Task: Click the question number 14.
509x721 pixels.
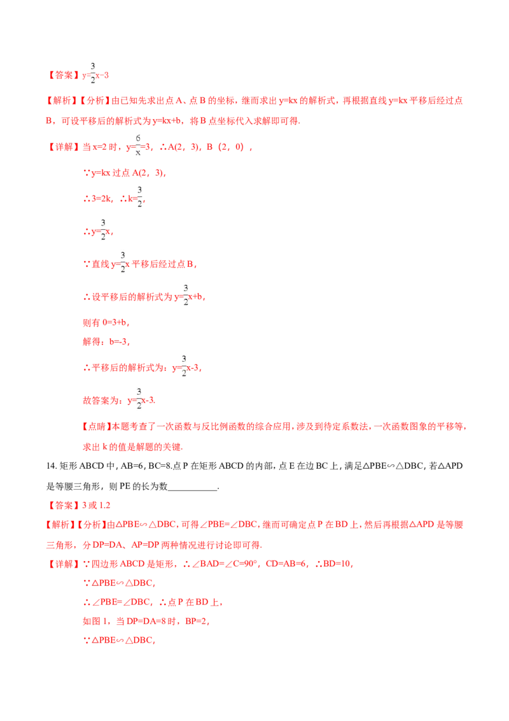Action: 51,466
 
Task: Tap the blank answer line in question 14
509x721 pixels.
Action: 193,490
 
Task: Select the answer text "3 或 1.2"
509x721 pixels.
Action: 97,505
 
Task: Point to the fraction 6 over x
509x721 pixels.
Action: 138,145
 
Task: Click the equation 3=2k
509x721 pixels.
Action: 101,199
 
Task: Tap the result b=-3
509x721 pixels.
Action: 118,341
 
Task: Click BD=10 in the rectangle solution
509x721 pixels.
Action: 338,564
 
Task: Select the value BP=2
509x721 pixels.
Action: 197,621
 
